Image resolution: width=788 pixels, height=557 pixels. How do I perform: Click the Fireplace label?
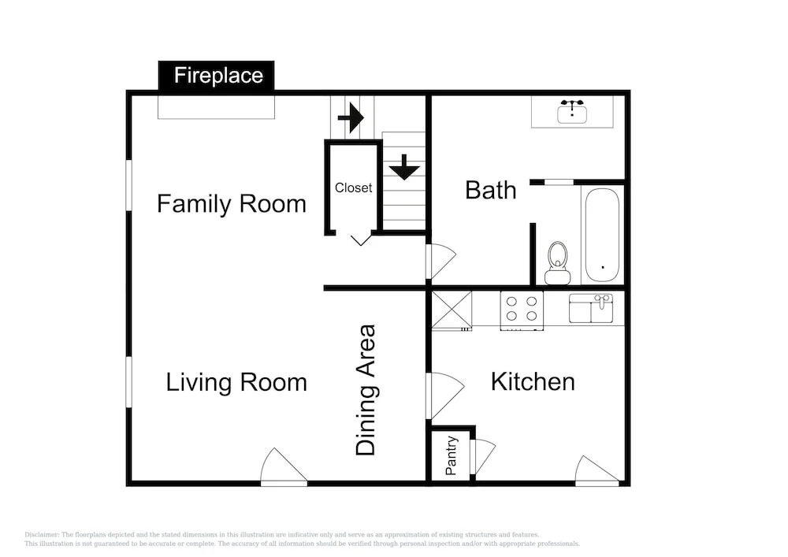[x=218, y=76]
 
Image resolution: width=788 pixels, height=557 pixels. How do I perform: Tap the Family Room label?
[x=231, y=204]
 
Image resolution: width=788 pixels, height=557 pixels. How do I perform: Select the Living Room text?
[x=236, y=383]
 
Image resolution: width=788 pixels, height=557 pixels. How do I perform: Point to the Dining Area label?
[x=366, y=390]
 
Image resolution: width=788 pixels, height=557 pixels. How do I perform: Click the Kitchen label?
[x=533, y=382]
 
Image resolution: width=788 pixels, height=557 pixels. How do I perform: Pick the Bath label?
[x=490, y=191]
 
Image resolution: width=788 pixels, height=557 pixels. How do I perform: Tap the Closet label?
[x=353, y=188]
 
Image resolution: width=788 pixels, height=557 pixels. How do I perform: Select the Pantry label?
[x=452, y=455]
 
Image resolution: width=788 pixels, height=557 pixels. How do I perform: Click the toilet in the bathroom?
[x=557, y=263]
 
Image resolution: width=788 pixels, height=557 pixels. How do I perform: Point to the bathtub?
[x=602, y=235]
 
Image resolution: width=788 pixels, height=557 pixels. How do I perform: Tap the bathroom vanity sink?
[x=572, y=112]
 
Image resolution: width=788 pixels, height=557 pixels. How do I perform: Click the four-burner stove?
[x=522, y=310]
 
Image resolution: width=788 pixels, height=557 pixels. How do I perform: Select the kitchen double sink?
[x=591, y=308]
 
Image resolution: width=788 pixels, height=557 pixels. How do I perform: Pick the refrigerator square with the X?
[x=452, y=310]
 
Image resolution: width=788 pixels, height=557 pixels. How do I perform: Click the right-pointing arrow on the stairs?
[x=351, y=118]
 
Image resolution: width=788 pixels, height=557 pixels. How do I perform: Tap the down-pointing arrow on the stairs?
[x=404, y=167]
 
